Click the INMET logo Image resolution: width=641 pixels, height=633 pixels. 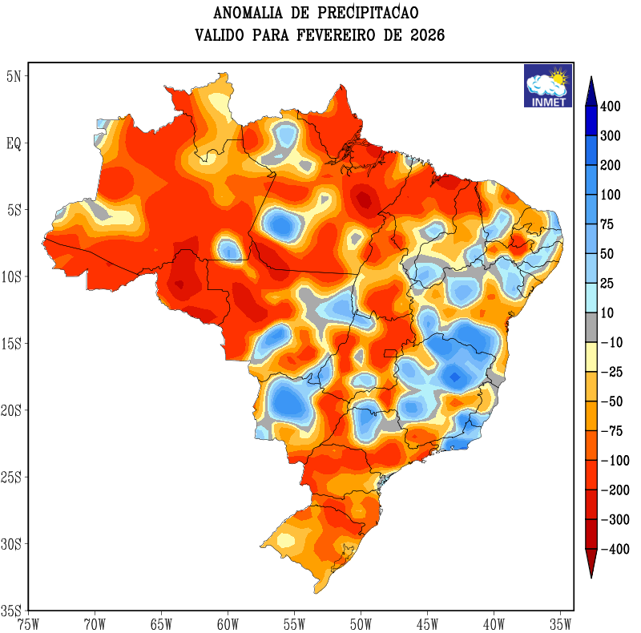click(x=548, y=86)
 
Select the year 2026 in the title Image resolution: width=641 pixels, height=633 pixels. click(x=425, y=36)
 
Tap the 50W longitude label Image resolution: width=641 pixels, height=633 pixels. click(x=361, y=623)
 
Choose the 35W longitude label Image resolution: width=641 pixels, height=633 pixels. click(x=560, y=623)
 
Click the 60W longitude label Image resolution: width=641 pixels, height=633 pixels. click(x=228, y=623)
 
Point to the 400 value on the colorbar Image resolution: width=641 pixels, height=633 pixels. click(x=611, y=107)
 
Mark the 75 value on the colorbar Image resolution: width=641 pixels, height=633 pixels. click(x=607, y=225)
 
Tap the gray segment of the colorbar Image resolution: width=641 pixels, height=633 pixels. click(x=591, y=328)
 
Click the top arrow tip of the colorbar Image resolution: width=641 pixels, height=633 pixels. click(x=591, y=78)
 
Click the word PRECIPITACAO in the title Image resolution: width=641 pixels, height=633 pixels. click(x=368, y=14)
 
